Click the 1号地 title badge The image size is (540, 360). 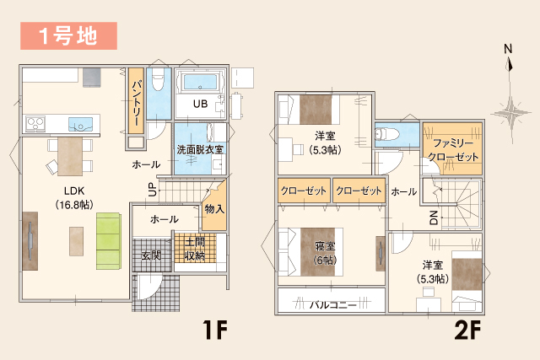coord(63,35)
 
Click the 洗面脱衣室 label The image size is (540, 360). coord(200,148)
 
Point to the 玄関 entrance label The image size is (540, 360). coord(151,255)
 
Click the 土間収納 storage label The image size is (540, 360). coord(195,250)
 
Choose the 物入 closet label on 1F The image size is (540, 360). coord(214,208)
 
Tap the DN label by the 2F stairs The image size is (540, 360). coord(434,218)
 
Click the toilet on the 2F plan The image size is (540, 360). coord(389,134)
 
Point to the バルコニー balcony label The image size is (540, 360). coord(330,301)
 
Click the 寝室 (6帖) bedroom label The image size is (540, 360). coord(325,253)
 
